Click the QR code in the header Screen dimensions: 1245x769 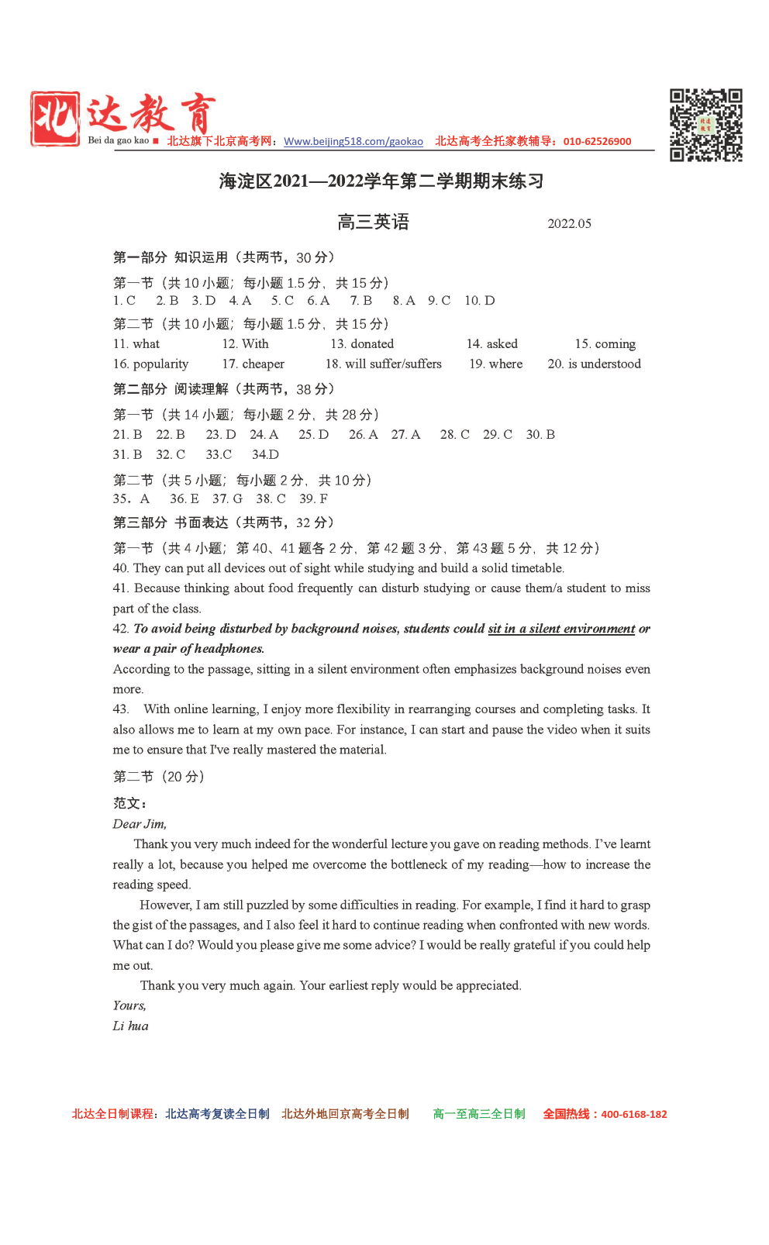pyautogui.click(x=705, y=125)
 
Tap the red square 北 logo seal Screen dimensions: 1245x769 pyautogui.click(x=55, y=119)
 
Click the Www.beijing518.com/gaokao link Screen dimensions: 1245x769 pyautogui.click(x=353, y=141)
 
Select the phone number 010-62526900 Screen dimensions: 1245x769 pyautogui.click(x=597, y=141)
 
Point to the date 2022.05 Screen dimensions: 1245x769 pyautogui.click(x=569, y=224)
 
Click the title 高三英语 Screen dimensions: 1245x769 pyautogui.click(x=373, y=222)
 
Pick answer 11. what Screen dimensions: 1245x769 pyautogui.click(x=136, y=344)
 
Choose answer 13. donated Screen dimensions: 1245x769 pyautogui.click(x=362, y=344)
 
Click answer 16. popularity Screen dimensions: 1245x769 pyautogui.click(x=150, y=364)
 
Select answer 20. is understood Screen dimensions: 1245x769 pyautogui.click(x=594, y=364)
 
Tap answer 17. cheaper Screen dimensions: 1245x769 pyautogui.click(x=253, y=364)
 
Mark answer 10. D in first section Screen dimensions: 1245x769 pyautogui.click(x=479, y=301)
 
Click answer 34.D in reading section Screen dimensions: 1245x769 pyautogui.click(x=265, y=455)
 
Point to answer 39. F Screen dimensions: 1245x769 pyautogui.click(x=313, y=499)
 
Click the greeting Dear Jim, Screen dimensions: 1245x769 pyautogui.click(x=140, y=824)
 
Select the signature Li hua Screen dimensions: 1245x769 pyautogui.click(x=130, y=1026)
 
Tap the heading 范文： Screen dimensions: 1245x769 pyautogui.click(x=129, y=803)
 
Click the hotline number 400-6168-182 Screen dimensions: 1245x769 pyautogui.click(x=633, y=1114)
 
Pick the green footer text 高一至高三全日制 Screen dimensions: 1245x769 pyautogui.click(x=478, y=1114)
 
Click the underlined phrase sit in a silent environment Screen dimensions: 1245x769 pyautogui.click(x=561, y=629)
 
